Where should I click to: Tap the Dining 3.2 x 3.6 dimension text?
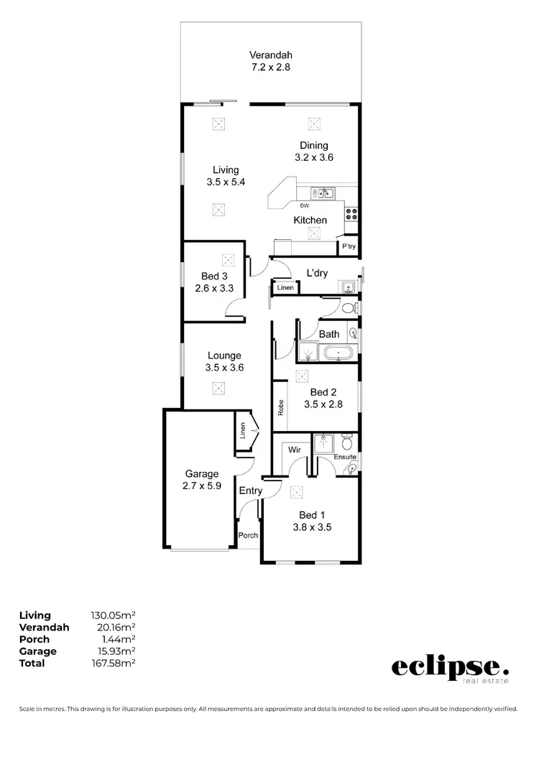coord(314,157)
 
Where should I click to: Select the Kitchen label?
coord(310,220)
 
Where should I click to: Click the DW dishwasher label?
coord(314,206)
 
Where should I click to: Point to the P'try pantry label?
coord(349,247)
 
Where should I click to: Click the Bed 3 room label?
coord(214,277)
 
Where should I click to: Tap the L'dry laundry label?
coord(317,273)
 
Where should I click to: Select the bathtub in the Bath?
coord(336,353)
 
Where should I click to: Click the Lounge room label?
coord(224,355)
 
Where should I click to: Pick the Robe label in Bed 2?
coord(281,408)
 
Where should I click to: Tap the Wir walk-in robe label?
coord(294,450)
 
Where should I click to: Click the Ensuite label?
coord(345,457)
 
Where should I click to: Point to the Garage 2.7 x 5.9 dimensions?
coord(201,485)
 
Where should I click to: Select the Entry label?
coord(251,491)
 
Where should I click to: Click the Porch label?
coord(248,535)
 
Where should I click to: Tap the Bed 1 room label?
coord(313,514)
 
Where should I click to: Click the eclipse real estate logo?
coord(449,668)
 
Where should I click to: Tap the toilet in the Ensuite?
coord(346,440)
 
